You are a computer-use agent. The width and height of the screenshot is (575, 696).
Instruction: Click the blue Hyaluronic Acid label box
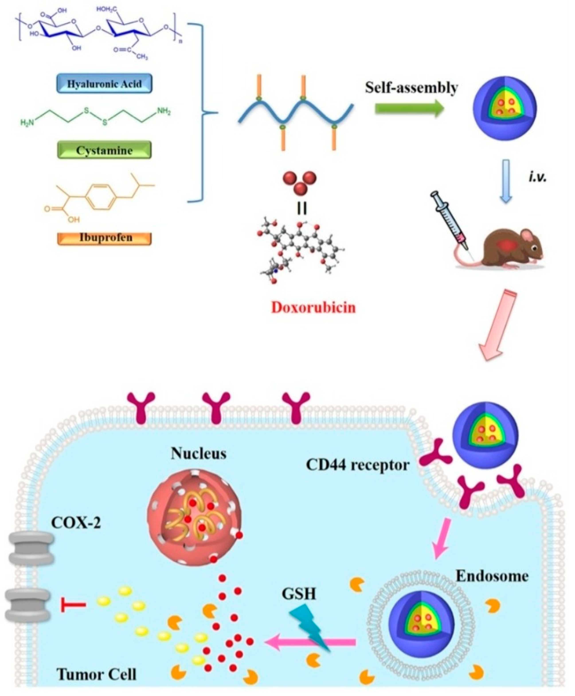tap(104, 84)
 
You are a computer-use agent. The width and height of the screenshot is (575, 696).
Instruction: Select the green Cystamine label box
tap(104, 150)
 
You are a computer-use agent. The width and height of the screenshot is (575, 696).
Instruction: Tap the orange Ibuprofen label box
tap(105, 238)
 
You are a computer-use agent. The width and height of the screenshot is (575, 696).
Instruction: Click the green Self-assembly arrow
tap(409, 108)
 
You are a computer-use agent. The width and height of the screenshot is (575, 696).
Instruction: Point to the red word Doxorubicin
tap(313, 308)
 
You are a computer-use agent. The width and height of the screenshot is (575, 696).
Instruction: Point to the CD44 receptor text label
tap(357, 465)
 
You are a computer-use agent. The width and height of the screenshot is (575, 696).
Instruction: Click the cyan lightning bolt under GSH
tap(310, 626)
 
